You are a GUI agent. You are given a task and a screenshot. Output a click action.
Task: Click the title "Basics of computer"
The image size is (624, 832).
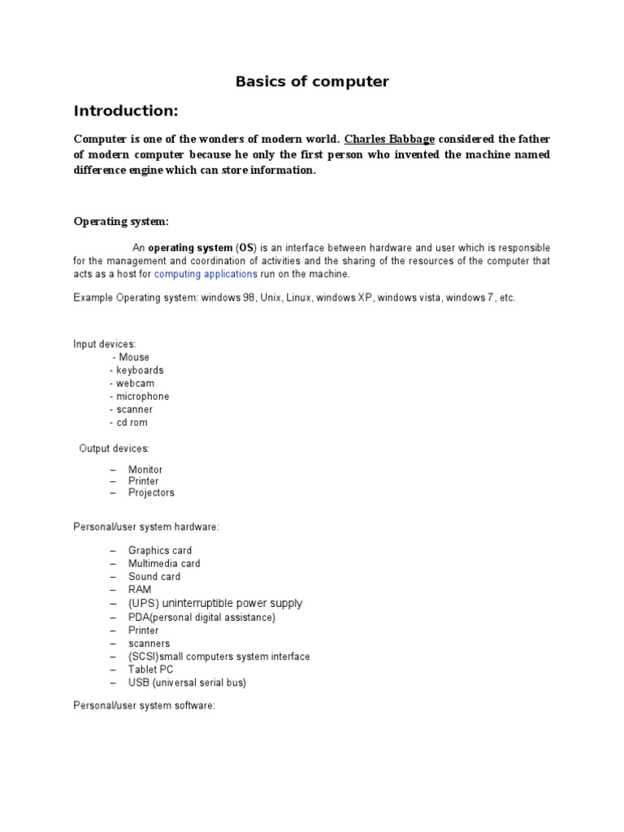pos(312,81)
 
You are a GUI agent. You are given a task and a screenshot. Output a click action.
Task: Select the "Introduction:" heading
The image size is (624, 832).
pos(125,110)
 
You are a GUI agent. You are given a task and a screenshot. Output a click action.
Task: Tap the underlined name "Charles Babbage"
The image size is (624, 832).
pos(389,138)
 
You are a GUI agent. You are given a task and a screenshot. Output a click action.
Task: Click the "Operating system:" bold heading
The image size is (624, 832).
pos(122,221)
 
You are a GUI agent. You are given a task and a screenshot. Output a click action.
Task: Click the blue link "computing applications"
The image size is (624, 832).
pos(206,274)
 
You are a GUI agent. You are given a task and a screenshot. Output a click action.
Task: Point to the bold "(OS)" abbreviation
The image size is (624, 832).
pos(245,247)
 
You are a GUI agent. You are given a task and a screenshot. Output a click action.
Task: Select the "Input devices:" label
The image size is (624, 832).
pos(105,344)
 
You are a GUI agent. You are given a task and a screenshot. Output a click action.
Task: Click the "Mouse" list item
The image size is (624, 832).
pos(134,357)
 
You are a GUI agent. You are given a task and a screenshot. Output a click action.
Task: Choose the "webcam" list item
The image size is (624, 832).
pos(135,383)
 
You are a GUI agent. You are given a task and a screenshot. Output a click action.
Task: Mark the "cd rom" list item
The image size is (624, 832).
pos(132,422)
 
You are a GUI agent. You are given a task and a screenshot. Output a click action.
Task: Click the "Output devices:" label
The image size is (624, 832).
pos(114,448)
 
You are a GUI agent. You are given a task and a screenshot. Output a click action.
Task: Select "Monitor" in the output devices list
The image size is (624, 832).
pos(145,470)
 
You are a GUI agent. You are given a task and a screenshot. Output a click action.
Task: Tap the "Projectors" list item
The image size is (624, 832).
pos(151,492)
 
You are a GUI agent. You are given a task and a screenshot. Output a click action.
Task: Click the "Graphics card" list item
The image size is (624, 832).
pos(160,550)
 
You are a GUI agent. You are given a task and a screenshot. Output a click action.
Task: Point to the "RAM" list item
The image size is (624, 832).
pos(140,589)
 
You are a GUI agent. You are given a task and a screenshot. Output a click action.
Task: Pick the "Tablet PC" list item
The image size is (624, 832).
pos(150,669)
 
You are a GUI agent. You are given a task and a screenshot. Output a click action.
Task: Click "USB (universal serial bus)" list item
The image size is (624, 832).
pos(187,682)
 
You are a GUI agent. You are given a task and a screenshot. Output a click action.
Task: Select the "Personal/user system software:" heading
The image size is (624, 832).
pos(144,706)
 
